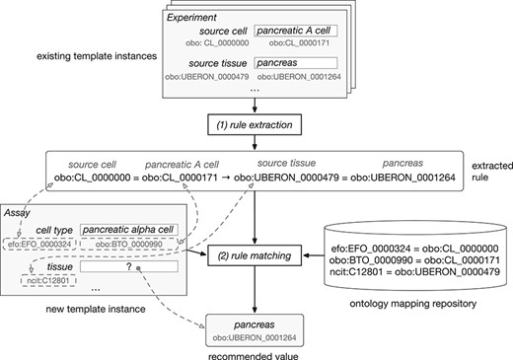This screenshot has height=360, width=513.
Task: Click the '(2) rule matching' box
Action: [255, 256]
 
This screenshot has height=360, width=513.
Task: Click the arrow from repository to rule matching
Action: [316, 256]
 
